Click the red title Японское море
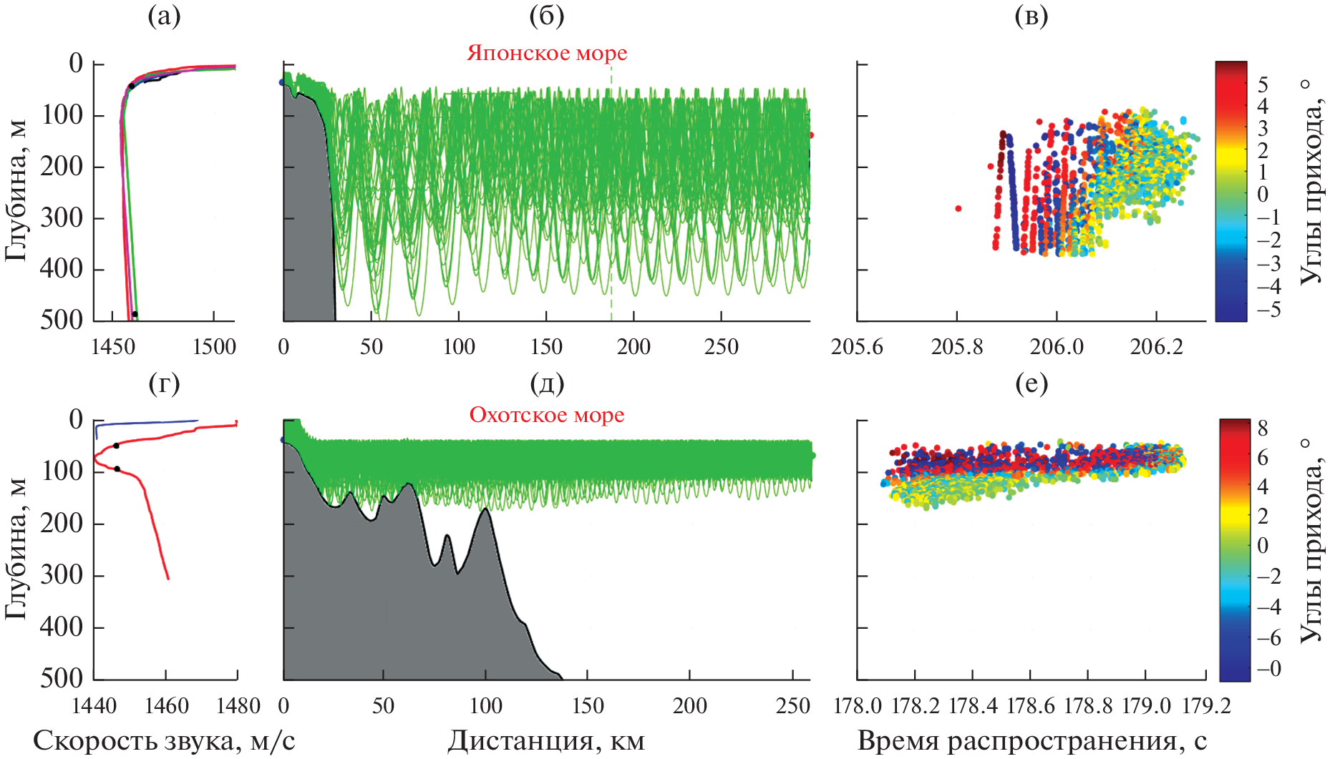(547, 53)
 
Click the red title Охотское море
(547, 415)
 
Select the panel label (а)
(164, 15)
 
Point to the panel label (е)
(1032, 384)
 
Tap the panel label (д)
(547, 384)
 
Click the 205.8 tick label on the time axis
(957, 347)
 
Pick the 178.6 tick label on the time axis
(1030, 706)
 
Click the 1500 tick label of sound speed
(214, 347)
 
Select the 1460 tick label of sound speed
(166, 706)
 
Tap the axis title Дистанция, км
(547, 741)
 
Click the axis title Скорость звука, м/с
(164, 741)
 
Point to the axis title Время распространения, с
(1032, 741)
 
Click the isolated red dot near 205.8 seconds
(958, 209)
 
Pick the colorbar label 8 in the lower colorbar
(1262, 429)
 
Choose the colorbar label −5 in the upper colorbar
(1268, 310)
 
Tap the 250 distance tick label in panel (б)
(721, 347)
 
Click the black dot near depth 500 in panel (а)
(135, 314)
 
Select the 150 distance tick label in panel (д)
(588, 706)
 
